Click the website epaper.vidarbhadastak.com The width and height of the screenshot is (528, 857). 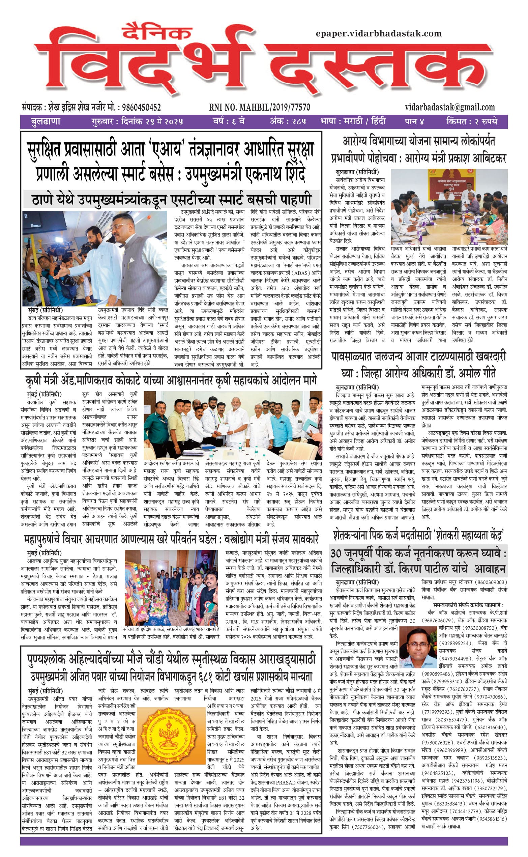click(379, 34)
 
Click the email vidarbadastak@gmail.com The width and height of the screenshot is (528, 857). click(450, 107)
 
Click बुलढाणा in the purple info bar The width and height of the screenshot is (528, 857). click(46, 122)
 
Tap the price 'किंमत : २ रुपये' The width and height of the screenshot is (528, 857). click(471, 122)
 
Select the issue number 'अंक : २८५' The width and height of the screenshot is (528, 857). click(288, 122)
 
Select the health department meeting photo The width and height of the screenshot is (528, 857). click(449, 207)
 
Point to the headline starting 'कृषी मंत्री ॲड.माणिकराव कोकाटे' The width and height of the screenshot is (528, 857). click(171, 380)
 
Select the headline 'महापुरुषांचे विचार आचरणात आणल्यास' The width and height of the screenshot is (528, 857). click(171, 539)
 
